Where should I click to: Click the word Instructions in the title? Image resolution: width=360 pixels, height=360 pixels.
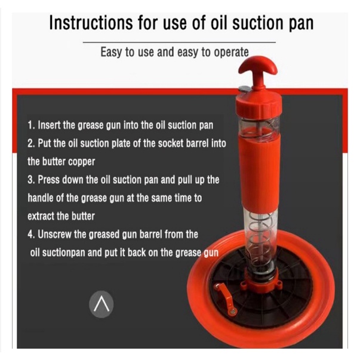pyautogui.click(x=91, y=23)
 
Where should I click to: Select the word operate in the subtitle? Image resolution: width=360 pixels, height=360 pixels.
pyautogui.click(x=231, y=52)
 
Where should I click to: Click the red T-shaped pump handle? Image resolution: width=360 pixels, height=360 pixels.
pyautogui.click(x=258, y=71)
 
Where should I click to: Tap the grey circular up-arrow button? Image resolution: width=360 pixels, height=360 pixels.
pyautogui.click(x=101, y=304)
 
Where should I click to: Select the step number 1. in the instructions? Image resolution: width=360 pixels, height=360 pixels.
pyautogui.click(x=31, y=125)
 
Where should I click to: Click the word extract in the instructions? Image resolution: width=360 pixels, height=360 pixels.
pyautogui.click(x=41, y=216)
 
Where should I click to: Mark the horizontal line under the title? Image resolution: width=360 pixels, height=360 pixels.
pyautogui.click(x=179, y=42)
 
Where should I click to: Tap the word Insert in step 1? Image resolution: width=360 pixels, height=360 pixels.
pyautogui.click(x=49, y=125)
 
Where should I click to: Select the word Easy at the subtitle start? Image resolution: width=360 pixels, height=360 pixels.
pyautogui.click(x=112, y=52)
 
